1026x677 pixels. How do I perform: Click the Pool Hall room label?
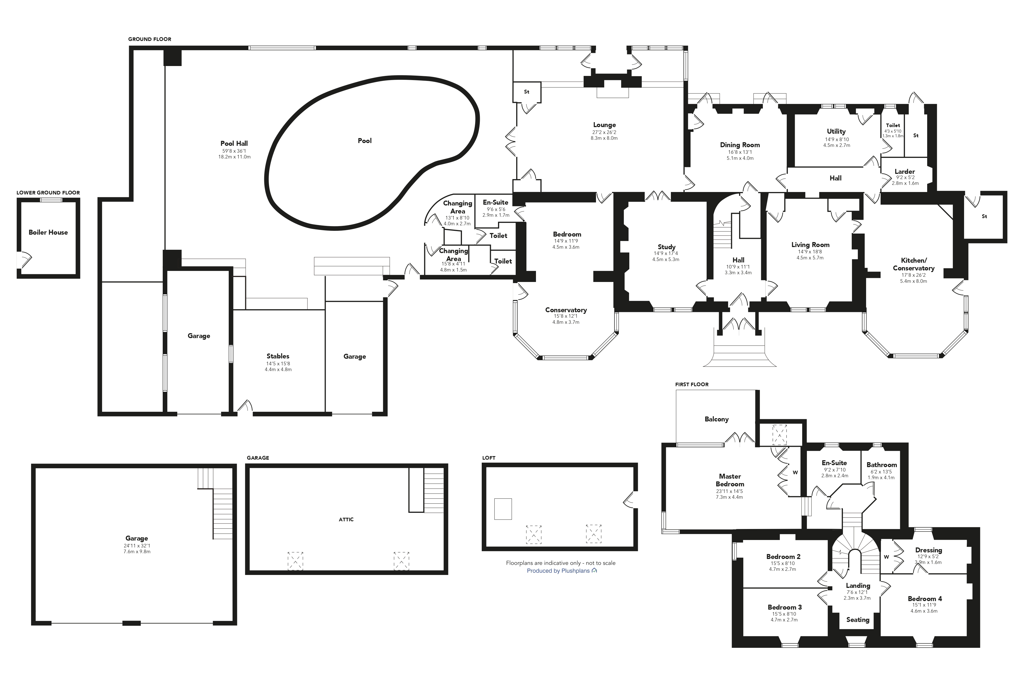pyautogui.click(x=234, y=143)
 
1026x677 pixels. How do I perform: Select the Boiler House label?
pyautogui.click(x=48, y=232)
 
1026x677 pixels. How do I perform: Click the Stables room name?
pyautogui.click(x=278, y=356)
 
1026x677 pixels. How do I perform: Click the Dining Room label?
pyautogui.click(x=740, y=145)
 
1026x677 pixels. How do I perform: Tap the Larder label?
pyautogui.click(x=905, y=171)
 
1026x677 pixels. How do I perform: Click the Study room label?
pyautogui.click(x=666, y=247)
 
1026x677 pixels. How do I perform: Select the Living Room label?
pyautogui.click(x=810, y=245)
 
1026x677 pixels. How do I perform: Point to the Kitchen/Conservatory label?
pyautogui.click(x=914, y=264)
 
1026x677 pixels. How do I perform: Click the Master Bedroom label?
pyautogui.click(x=730, y=480)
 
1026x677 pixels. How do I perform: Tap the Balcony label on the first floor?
pyautogui.click(x=716, y=419)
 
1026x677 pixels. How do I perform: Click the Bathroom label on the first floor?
pyautogui.click(x=882, y=465)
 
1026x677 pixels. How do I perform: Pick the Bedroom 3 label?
pyautogui.click(x=785, y=607)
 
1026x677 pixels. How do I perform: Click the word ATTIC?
pyautogui.click(x=346, y=519)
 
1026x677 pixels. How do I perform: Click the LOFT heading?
pyautogui.click(x=489, y=458)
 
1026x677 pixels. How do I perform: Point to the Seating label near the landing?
pyautogui.click(x=858, y=620)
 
